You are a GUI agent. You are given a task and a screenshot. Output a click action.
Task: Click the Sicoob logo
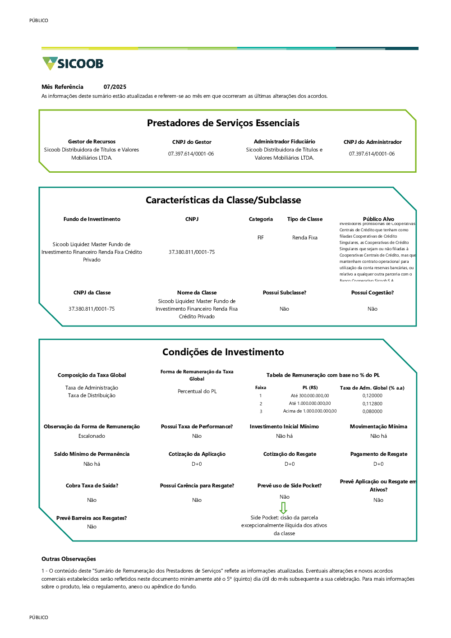tap(73, 64)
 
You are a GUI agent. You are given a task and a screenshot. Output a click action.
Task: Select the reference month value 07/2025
tap(115, 87)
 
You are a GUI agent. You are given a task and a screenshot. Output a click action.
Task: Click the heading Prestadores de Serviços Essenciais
tap(223, 123)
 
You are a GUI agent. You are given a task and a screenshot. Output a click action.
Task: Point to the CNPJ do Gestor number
tap(191, 154)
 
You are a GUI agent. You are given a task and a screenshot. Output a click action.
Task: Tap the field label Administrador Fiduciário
tap(284, 142)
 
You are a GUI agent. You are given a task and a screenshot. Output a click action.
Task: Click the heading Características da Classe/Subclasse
tap(223, 200)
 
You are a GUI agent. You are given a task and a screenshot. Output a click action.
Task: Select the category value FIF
tap(261, 238)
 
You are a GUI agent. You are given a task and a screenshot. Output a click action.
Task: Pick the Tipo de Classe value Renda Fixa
tap(305, 238)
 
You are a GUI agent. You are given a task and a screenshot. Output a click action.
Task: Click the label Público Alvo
tap(378, 219)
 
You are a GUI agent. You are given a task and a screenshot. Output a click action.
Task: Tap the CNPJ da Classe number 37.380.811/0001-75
tap(92, 309)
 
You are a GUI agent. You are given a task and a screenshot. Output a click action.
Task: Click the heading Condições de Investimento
tap(223, 352)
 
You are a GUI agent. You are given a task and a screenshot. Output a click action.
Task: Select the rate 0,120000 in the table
tap(372, 396)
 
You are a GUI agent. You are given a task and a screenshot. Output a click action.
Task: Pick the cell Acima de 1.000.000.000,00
tap(310, 411)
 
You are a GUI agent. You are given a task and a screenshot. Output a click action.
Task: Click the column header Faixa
tap(261, 388)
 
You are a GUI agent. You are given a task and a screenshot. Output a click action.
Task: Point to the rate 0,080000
tap(372, 411)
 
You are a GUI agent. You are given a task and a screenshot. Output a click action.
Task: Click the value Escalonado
tap(92, 436)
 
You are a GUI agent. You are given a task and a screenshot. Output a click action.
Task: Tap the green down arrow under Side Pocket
tap(283, 508)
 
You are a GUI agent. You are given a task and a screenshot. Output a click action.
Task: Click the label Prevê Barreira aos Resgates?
tap(92, 518)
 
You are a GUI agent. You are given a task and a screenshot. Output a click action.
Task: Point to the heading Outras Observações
tap(69, 559)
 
